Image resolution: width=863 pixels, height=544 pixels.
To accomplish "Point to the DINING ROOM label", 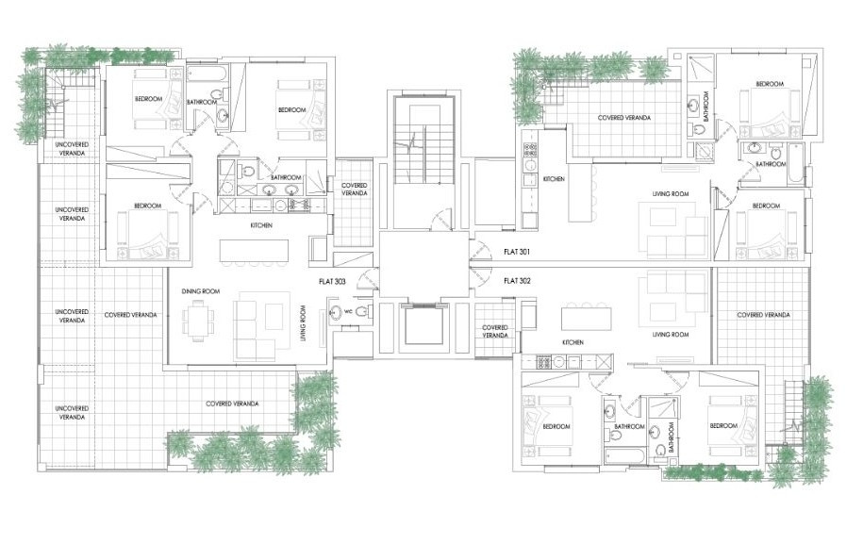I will (201, 292).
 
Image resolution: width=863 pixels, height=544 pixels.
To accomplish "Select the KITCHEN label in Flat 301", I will (554, 178).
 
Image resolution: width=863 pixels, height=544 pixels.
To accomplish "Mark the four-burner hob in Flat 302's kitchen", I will (544, 362).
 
